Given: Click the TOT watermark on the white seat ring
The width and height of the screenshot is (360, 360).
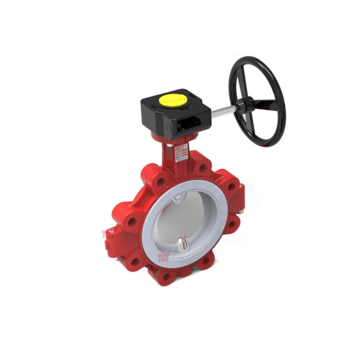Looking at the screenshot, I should point(163,257).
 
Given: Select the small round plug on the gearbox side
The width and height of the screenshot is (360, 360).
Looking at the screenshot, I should point(165,126).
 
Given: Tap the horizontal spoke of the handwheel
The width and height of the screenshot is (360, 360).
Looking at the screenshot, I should point(265,101).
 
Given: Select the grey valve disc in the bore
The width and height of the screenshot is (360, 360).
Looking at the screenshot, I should point(187,220).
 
